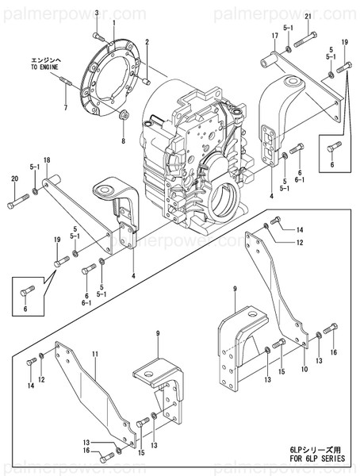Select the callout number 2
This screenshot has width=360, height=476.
click(x=147, y=41)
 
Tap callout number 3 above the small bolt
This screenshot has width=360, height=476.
click(x=97, y=14)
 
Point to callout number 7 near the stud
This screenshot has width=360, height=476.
click(x=65, y=106)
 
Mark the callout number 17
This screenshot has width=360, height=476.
click(x=274, y=36)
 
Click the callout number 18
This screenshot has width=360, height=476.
click(x=47, y=161)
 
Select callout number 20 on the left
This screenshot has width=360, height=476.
click(x=13, y=179)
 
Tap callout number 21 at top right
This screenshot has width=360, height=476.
click(x=308, y=16)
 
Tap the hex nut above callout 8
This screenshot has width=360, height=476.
click(x=124, y=117)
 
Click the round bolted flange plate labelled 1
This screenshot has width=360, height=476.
click(x=115, y=73)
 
